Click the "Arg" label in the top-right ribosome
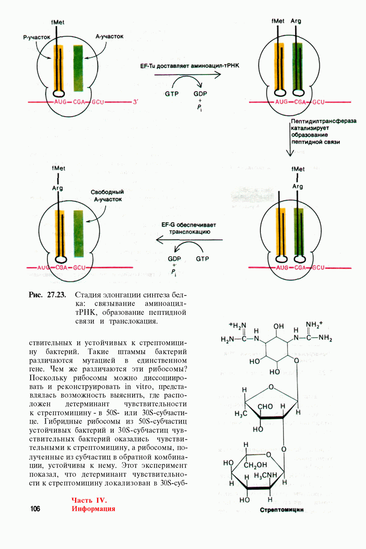(296, 21)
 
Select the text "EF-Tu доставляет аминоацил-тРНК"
(190, 66)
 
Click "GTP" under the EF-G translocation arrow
(204, 258)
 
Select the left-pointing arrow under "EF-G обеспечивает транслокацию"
(189, 240)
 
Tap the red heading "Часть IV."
(89, 500)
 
